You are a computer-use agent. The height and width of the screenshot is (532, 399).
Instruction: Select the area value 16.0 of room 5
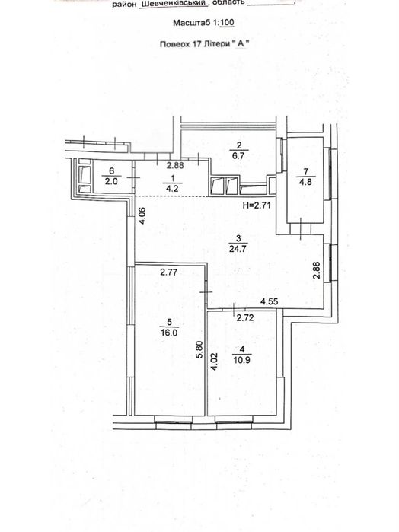point(169,333)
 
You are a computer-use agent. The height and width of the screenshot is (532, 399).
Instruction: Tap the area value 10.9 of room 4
point(242,360)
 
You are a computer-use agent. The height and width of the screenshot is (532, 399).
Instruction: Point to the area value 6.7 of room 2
point(239,156)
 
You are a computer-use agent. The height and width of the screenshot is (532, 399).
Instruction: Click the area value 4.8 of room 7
point(305,182)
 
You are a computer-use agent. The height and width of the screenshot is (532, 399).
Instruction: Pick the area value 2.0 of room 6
point(111,181)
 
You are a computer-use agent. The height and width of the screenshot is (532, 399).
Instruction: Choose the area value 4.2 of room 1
point(172,189)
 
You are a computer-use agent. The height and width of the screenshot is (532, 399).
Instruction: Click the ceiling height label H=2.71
point(257,205)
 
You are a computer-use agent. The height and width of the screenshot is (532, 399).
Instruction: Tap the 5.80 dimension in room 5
point(199,349)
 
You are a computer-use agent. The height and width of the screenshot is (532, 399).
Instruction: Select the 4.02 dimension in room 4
point(215,362)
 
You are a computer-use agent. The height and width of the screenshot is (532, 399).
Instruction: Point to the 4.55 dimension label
point(270,301)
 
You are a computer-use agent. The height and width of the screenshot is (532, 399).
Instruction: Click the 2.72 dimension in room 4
point(245,318)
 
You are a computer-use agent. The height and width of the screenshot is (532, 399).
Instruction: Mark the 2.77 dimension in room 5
point(169,272)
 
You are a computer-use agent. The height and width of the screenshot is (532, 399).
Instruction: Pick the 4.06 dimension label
point(143,215)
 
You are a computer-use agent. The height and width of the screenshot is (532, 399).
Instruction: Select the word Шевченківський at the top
point(174,4)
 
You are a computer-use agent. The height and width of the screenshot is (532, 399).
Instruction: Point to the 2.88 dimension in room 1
point(175,166)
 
